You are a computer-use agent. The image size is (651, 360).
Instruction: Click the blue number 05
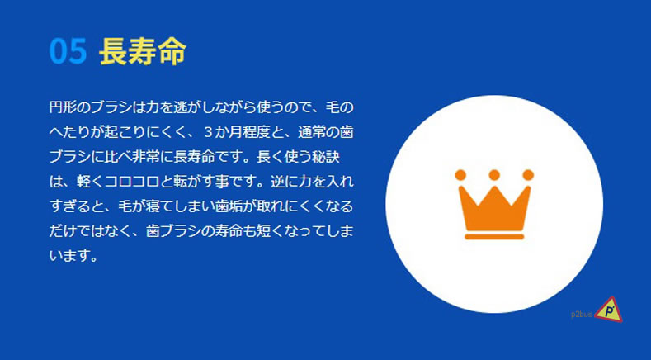click(68, 51)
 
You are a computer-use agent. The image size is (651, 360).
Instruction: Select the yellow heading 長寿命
click(143, 51)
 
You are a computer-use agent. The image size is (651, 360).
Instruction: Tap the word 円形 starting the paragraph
click(63, 107)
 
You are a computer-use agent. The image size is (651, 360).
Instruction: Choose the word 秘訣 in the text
click(326, 157)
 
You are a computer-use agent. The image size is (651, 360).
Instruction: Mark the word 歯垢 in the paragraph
click(229, 206)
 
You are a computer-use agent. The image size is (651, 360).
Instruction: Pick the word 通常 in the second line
click(312, 132)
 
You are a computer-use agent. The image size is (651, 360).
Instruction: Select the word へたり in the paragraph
click(70, 132)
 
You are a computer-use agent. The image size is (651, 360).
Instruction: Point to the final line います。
click(73, 256)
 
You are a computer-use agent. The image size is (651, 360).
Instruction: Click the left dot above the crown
click(460, 175)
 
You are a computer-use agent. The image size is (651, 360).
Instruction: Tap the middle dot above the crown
click(494, 175)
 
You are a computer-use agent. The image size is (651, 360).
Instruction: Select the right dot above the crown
click(528, 175)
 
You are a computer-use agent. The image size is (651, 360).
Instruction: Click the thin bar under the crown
click(494, 237)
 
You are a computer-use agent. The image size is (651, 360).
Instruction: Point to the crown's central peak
click(494, 188)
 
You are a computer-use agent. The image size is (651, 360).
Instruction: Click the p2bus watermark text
click(581, 315)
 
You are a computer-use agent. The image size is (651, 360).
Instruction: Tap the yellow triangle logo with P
click(609, 310)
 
